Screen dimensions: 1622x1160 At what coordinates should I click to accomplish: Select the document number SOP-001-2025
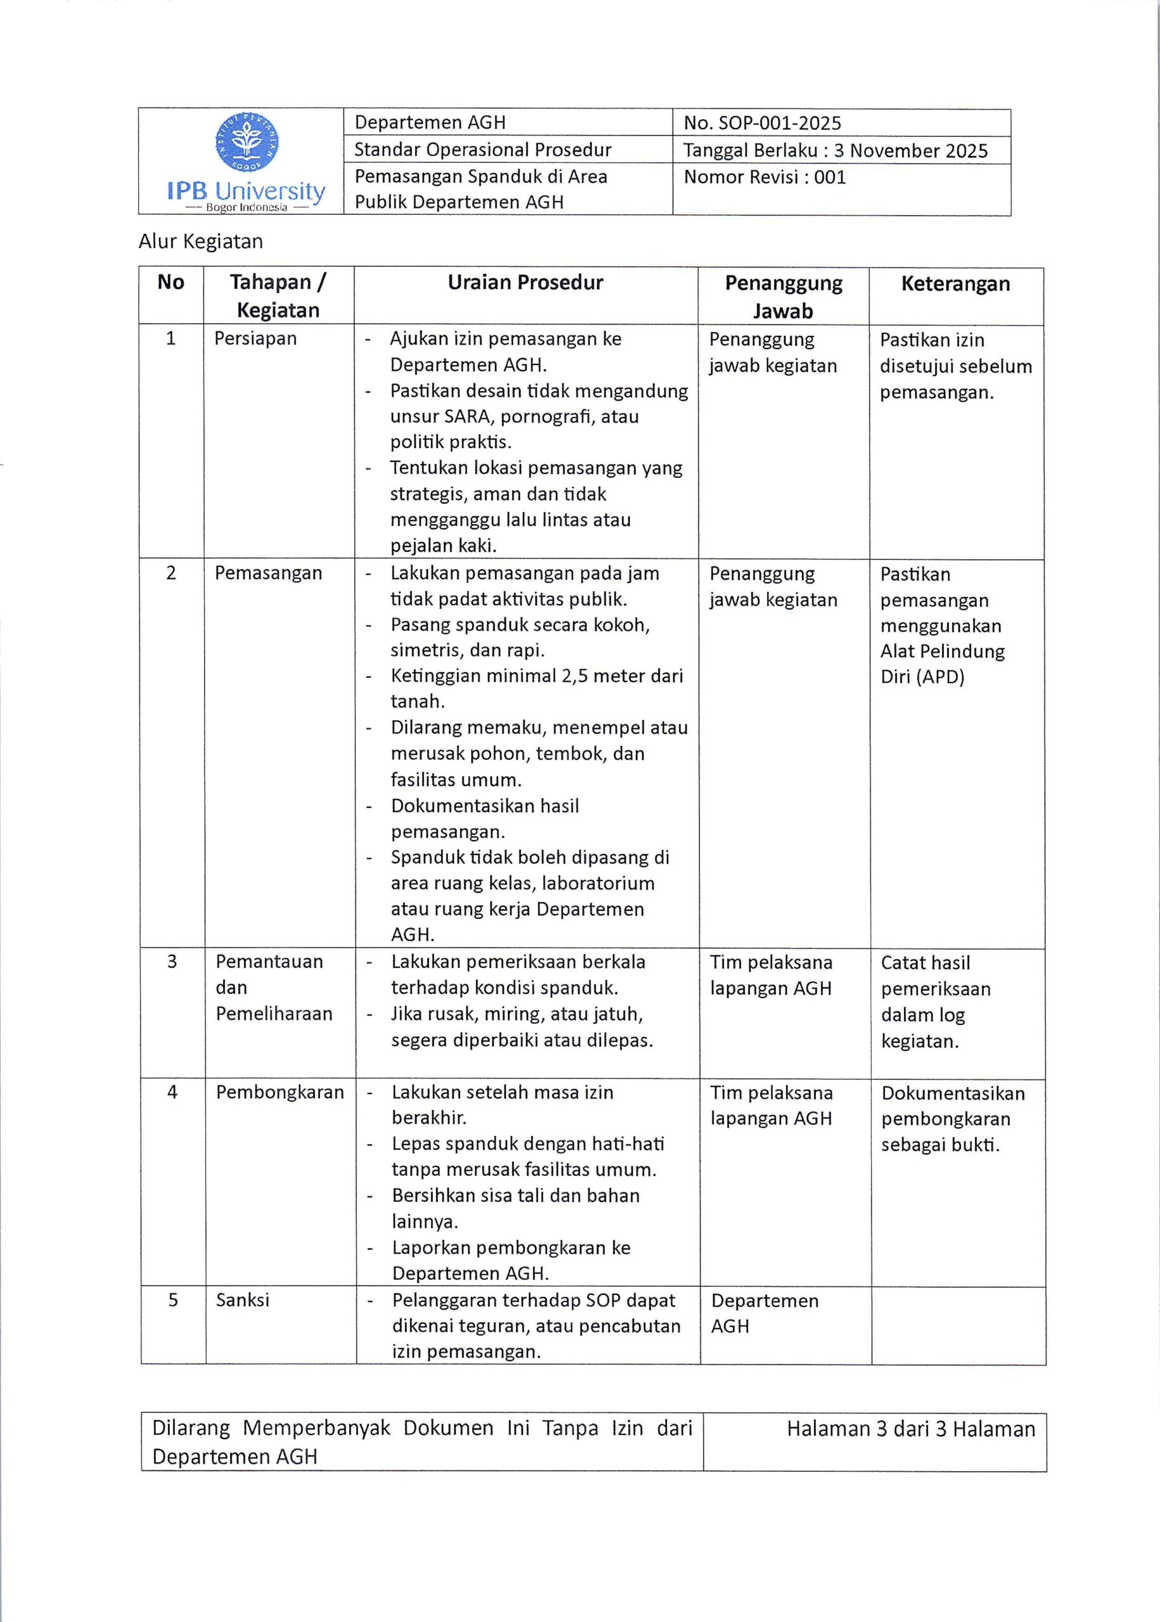click(x=779, y=123)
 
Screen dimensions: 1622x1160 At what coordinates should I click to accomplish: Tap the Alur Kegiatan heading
click(x=201, y=241)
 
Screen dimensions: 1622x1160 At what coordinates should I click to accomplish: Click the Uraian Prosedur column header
click(x=525, y=283)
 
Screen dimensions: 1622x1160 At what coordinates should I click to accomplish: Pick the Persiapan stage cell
click(x=255, y=338)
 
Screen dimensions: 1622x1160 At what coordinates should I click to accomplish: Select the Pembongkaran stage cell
click(x=280, y=1092)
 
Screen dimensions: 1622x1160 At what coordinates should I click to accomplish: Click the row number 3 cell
click(x=172, y=961)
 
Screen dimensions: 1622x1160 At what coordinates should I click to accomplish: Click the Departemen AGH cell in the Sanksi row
click(x=763, y=1312)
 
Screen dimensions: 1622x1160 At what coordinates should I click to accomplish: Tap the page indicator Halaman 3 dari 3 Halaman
click(x=911, y=1429)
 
